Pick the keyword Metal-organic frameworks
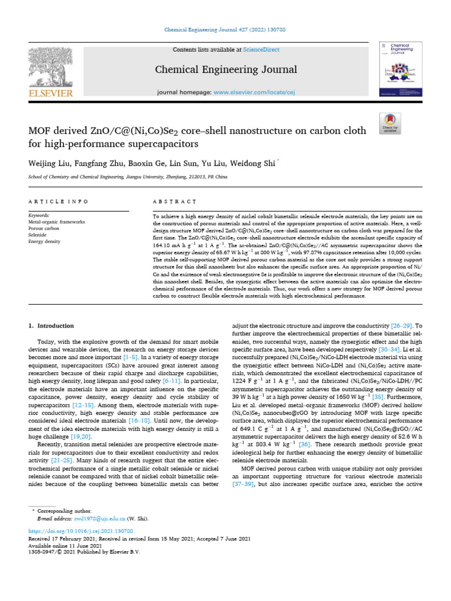56,222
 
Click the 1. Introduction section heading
52,326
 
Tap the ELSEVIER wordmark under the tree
50,93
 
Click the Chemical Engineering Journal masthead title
226,70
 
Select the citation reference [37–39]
243,486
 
